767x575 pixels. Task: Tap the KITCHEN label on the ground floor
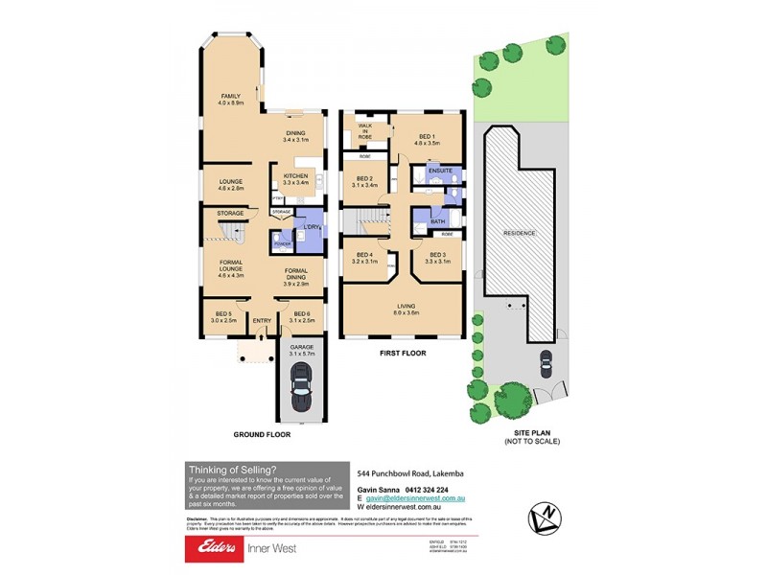click(294, 176)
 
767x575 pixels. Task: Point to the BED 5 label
click(223, 317)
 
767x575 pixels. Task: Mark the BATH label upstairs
click(437, 222)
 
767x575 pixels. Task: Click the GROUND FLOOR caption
click(262, 434)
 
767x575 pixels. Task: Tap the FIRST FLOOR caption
click(403, 354)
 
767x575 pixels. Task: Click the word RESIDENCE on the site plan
click(519, 233)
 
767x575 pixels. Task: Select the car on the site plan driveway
click(546, 363)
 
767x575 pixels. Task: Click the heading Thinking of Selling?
click(232, 469)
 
